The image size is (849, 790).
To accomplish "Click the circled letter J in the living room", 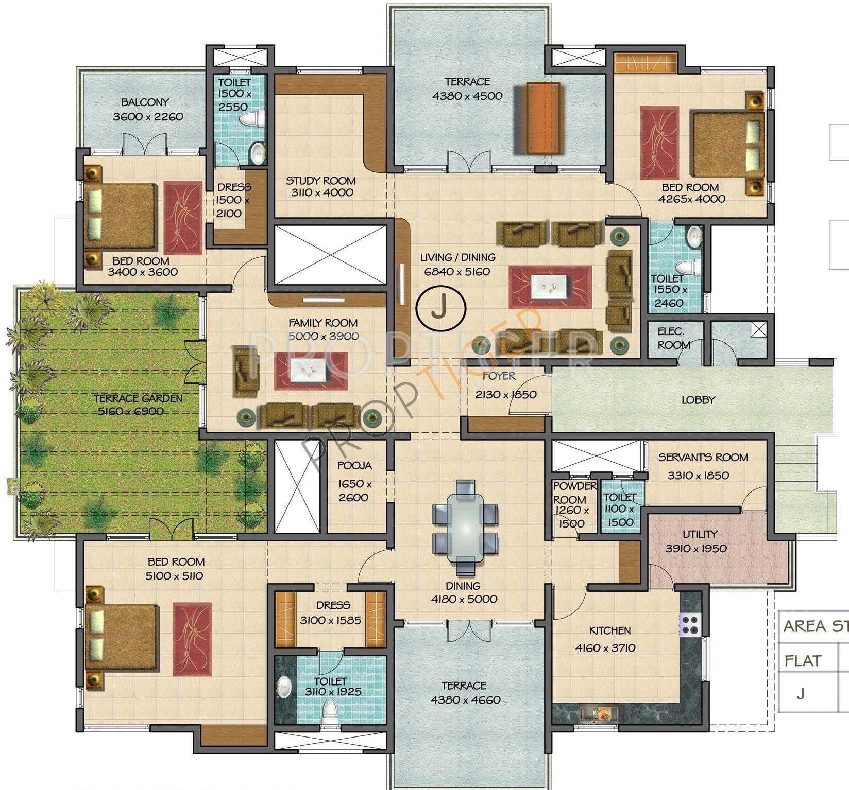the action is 440,309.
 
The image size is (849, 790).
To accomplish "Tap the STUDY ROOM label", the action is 321,181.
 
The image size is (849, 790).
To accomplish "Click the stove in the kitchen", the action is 690,625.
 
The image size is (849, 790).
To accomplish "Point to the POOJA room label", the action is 354,466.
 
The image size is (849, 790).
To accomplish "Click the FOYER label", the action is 499,376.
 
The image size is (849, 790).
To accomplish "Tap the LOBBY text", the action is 698,400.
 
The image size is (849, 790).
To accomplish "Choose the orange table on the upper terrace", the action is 543,118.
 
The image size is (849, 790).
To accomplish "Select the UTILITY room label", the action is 700,534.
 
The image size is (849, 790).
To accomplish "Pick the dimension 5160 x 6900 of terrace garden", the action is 131,411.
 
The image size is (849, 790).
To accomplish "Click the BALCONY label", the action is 145,102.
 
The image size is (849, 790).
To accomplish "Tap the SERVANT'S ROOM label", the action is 703,457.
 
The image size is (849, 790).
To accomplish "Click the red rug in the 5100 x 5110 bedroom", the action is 192,639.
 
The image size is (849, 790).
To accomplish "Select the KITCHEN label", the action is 610,630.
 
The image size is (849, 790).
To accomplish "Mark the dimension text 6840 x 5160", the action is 457,272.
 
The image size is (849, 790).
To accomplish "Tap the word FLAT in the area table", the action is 803,661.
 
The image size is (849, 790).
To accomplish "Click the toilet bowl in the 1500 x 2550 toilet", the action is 252,119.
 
